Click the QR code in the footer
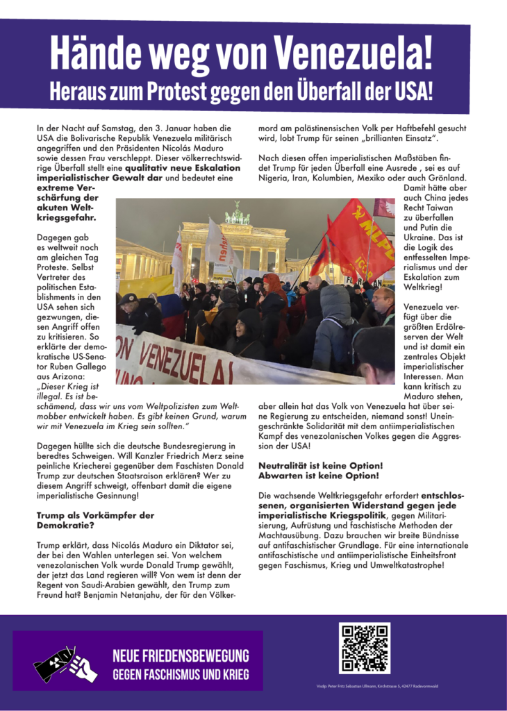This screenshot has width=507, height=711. point(364,649)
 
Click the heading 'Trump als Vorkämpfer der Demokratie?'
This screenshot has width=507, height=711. point(94,521)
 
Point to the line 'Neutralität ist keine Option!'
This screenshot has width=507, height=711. point(320,465)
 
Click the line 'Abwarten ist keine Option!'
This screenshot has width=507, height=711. point(318,476)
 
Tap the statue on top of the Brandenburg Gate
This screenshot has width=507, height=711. point(237,212)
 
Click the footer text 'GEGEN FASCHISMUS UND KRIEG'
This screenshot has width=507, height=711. point(181,674)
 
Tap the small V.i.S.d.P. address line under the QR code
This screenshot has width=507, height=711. point(377,686)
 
